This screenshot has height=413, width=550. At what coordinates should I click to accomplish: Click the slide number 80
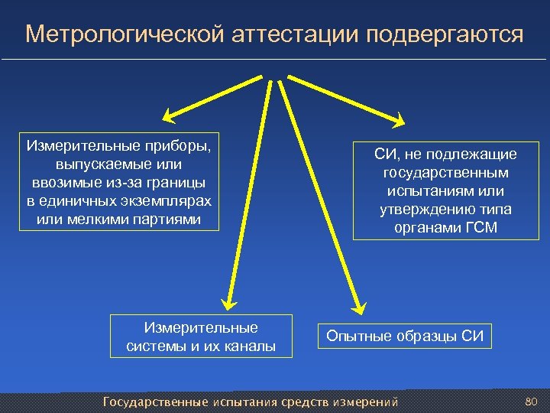(532, 402)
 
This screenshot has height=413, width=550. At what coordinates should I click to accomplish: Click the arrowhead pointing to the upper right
(400, 119)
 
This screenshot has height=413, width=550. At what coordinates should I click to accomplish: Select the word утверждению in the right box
(423, 210)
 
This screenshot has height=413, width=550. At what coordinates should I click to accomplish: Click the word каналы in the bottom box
(251, 346)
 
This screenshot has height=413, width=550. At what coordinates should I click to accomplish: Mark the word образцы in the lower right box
(428, 336)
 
